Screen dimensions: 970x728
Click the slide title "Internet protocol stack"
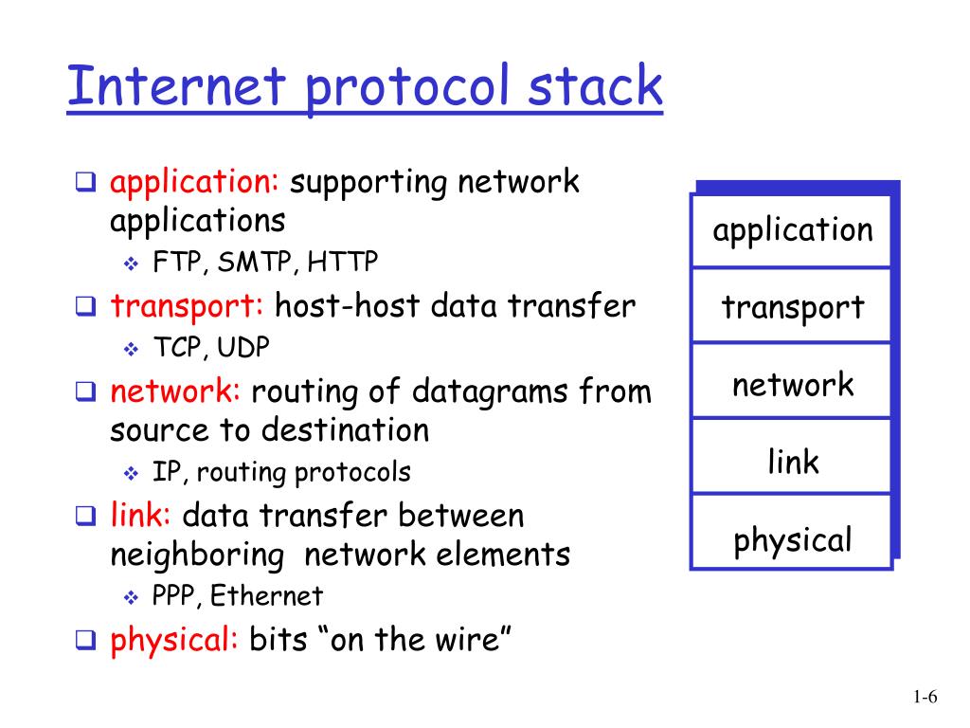[364, 86]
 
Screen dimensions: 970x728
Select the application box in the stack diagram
[792, 230]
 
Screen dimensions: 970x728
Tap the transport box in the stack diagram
[792, 307]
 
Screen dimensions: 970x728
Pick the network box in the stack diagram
[792, 385]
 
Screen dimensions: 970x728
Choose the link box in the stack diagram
[792, 463]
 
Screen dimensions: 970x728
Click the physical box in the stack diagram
[792, 540]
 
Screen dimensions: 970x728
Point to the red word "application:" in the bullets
[194, 182]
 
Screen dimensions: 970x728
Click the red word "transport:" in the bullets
[188, 306]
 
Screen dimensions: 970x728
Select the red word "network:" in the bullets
[176, 391]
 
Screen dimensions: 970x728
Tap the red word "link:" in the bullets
[141, 516]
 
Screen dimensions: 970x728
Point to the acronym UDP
[243, 348]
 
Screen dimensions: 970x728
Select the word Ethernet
[266, 596]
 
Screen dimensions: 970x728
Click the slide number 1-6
[925, 699]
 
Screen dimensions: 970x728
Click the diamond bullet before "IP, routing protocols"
[131, 472]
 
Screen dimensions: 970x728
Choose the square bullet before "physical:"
[85, 641]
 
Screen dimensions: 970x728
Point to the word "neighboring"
[197, 555]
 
